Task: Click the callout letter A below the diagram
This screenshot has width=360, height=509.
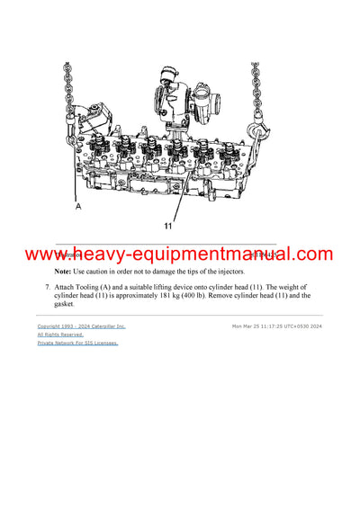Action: [x=78, y=206]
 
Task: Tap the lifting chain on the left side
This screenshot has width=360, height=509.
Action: [x=67, y=90]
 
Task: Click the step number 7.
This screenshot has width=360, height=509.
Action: [x=47, y=286]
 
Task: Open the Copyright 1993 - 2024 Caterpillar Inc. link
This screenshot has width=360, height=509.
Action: [x=81, y=326]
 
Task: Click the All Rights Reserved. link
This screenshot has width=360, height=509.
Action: [x=59, y=335]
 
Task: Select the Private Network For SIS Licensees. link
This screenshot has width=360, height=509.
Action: [x=77, y=343]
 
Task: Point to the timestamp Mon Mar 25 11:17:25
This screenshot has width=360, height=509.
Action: [x=261, y=326]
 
